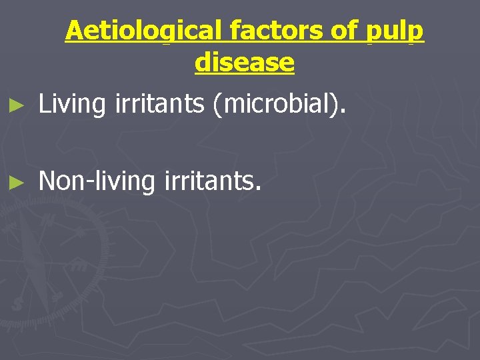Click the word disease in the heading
245,62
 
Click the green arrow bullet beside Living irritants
20,105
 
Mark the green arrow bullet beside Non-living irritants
20,181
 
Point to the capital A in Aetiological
74,31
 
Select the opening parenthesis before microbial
217,105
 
